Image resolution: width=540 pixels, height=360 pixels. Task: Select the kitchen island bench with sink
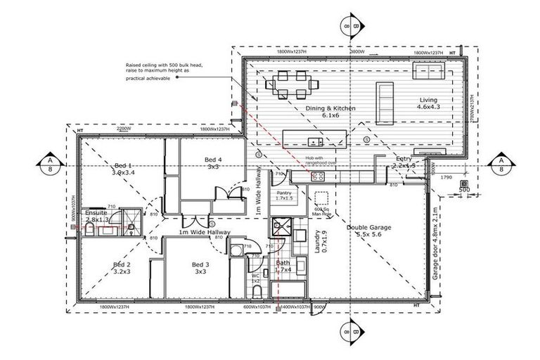tap(314, 137)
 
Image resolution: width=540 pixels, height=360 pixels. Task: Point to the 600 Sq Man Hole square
tap(323, 198)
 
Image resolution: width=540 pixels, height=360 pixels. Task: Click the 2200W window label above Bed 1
tap(124, 129)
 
